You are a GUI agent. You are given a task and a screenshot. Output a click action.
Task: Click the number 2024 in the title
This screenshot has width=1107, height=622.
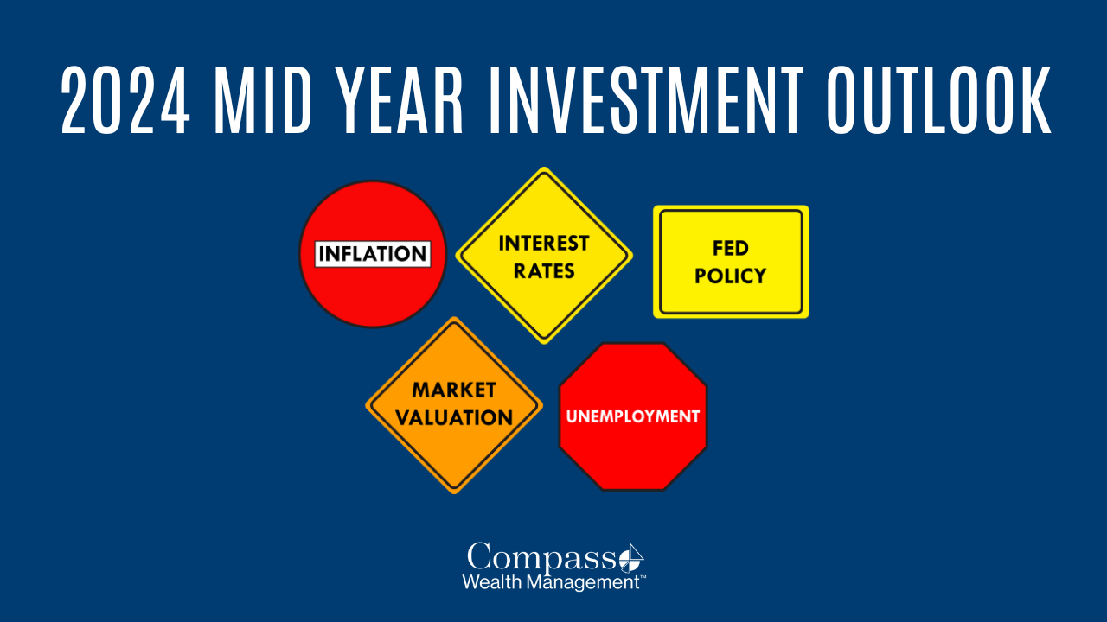[125, 100]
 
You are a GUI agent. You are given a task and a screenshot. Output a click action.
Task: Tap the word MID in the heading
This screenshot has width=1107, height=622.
[263, 100]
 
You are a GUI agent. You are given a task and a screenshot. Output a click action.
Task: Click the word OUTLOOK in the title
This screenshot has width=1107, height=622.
[939, 100]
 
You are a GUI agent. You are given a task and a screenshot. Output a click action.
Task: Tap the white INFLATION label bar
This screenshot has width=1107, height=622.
[373, 254]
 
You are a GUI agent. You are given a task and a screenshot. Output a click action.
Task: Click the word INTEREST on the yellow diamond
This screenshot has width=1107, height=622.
[544, 244]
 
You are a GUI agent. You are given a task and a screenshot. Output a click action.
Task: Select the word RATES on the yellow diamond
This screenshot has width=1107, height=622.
[544, 271]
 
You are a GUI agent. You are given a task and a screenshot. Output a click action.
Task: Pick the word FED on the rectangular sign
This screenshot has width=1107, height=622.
[731, 248]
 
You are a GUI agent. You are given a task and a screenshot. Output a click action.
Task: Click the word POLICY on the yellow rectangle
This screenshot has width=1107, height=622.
[731, 276]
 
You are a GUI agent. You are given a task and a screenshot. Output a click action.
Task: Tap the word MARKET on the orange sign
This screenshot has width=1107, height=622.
[454, 390]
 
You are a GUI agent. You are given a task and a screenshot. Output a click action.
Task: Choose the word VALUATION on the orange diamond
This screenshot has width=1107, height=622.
[454, 417]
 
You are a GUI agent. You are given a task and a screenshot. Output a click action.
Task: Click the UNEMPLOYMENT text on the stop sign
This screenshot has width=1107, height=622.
[633, 416]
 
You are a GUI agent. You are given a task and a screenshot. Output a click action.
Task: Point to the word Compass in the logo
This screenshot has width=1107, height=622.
[541, 558]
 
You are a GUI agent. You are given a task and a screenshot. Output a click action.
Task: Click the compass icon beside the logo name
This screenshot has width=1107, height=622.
[631, 559]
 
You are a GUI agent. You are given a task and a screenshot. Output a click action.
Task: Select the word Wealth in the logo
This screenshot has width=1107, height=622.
[492, 582]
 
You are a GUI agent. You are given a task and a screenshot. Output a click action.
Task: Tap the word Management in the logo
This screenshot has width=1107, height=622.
[583, 583]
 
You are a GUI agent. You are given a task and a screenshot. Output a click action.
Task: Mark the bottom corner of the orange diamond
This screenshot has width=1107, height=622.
[454, 493]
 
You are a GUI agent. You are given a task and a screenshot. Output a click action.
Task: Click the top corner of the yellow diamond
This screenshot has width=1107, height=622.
[544, 167]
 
